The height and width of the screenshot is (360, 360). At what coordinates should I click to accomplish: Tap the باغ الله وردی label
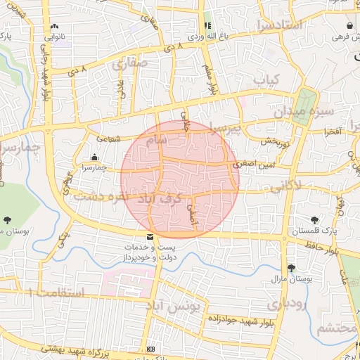point(206,34)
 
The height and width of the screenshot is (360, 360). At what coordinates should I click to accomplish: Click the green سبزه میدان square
point(305,106)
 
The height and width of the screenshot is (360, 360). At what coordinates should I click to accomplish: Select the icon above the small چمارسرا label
point(94,157)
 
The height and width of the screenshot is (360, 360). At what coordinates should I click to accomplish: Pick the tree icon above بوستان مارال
point(291,268)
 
